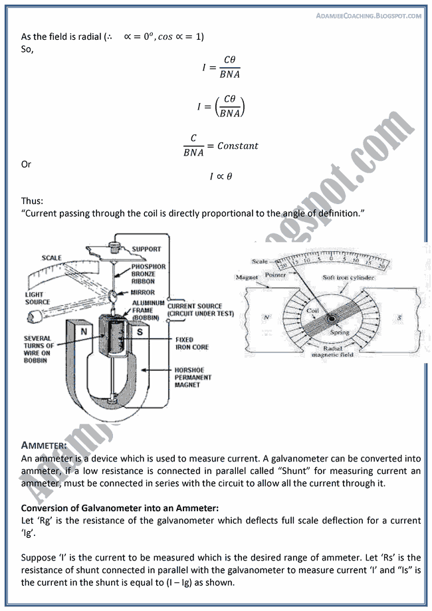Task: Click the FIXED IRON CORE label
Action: coord(184,343)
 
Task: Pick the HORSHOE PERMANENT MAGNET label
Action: coord(193,377)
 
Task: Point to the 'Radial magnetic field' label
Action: coord(325,351)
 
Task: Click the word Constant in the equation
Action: coord(237,146)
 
